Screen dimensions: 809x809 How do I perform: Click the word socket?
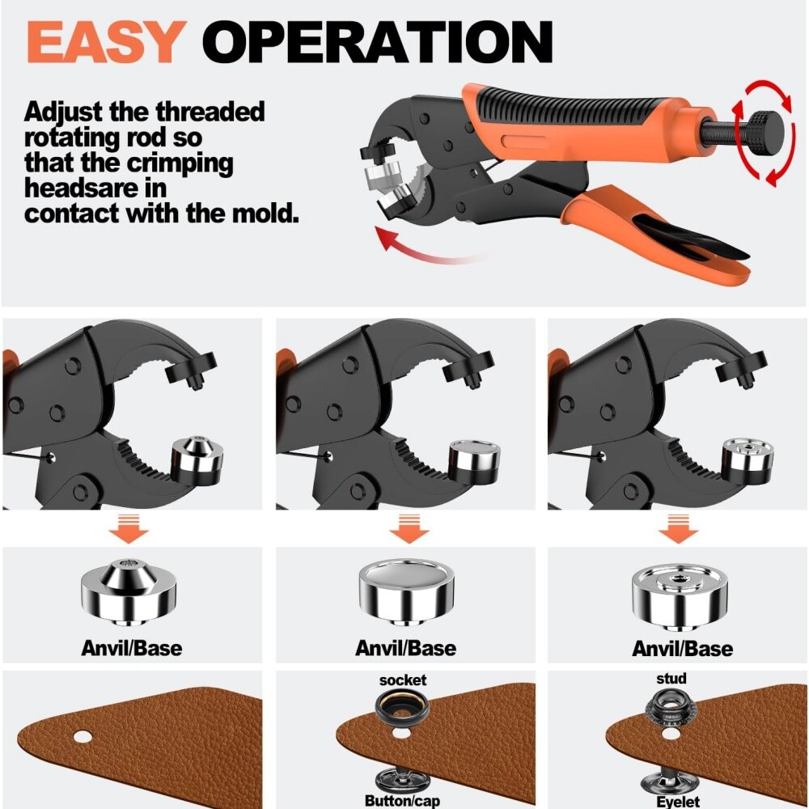402,680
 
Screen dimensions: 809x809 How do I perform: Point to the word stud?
671,678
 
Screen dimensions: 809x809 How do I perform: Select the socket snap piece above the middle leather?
402,710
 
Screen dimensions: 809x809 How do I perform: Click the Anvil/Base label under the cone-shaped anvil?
131,648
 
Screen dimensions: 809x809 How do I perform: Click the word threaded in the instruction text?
210,112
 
